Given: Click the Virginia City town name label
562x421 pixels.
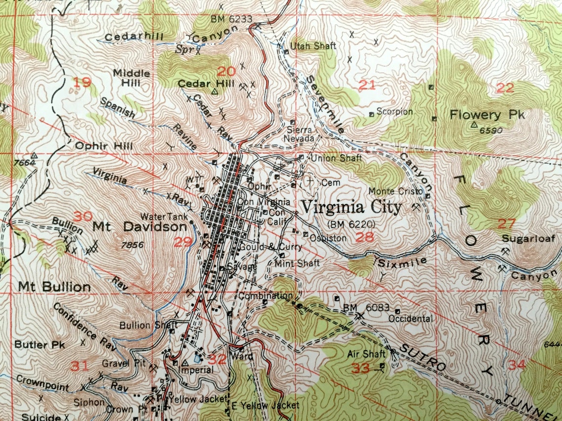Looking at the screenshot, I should pyautogui.click(x=351, y=207).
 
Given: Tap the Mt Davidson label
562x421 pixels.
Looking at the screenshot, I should pyautogui.click(x=140, y=227).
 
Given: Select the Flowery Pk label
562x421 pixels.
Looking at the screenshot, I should pyautogui.click(x=487, y=115).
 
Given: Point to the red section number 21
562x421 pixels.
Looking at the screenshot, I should pyautogui.click(x=367, y=85).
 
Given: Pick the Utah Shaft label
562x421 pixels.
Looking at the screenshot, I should pyautogui.click(x=313, y=46).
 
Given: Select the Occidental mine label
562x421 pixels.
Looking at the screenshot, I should pyautogui.click(x=410, y=319).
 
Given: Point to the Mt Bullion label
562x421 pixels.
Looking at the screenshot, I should pyautogui.click(x=54, y=287).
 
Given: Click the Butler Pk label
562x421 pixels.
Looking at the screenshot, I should pyautogui.click(x=39, y=345).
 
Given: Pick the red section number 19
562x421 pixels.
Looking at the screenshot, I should pyautogui.click(x=82, y=82).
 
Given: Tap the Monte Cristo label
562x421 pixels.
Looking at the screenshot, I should pyautogui.click(x=396, y=191).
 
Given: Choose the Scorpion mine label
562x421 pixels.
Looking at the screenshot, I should pyautogui.click(x=394, y=112).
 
